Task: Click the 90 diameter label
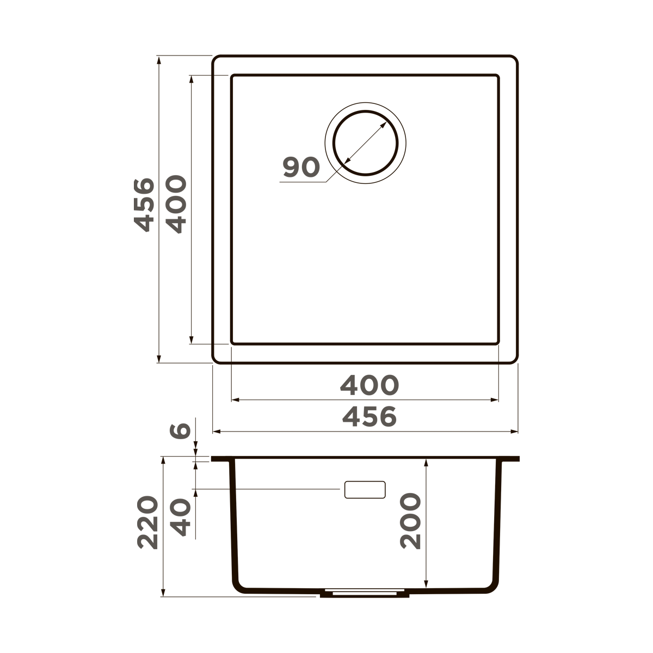(301, 168)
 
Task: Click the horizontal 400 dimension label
(369, 385)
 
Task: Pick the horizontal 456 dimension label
(369, 417)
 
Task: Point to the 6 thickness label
(180, 430)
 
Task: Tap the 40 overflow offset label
(180, 518)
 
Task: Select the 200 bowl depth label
(410, 521)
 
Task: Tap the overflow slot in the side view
(365, 489)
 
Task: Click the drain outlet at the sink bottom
(365, 593)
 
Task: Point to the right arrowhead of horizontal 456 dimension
(514, 432)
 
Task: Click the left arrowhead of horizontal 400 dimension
(235, 400)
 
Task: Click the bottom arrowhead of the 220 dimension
(163, 593)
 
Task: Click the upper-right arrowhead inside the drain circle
(384, 125)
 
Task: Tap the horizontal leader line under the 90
(303, 182)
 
